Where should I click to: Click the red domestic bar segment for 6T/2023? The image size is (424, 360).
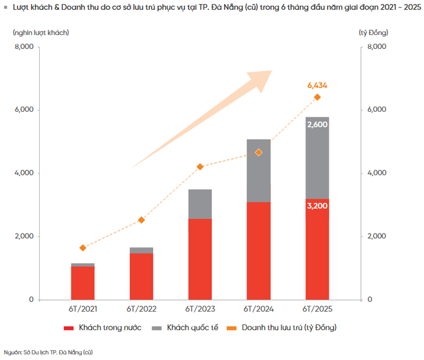point(200,259)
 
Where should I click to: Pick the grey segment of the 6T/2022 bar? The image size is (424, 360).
point(141,250)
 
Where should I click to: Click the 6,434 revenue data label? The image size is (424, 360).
point(317,85)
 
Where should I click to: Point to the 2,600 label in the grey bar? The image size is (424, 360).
point(317,124)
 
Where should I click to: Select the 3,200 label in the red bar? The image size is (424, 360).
point(317,206)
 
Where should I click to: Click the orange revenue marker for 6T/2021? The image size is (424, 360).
point(83,248)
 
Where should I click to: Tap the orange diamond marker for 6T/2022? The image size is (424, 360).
point(141,220)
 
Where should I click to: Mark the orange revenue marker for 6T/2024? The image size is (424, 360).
point(258,152)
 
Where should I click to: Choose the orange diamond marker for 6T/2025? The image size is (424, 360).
point(317,97)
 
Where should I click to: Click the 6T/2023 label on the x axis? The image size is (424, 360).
point(200,309)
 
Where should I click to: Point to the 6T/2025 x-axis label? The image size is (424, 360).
point(317,309)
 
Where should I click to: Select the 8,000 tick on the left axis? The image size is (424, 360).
point(23,47)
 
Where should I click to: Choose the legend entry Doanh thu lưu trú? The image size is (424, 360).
point(289,328)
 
